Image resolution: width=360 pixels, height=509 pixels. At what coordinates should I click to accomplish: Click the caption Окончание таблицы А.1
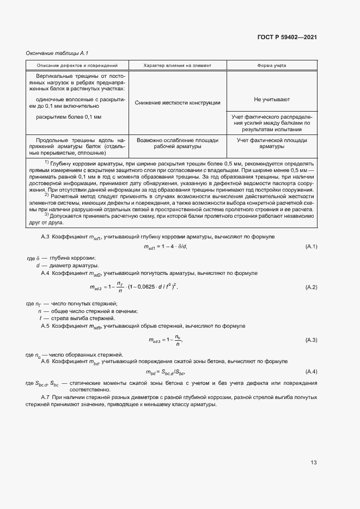click(53, 53)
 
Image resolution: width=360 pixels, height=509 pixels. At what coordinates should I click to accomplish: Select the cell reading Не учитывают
click(272, 100)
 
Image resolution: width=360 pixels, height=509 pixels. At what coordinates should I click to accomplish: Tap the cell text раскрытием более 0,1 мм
click(69, 116)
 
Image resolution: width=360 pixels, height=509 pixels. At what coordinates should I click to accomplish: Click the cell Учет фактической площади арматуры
click(272, 143)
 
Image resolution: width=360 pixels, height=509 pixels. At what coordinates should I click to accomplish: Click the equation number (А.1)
click(312, 247)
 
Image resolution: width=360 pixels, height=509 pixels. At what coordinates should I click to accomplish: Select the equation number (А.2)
click(312, 287)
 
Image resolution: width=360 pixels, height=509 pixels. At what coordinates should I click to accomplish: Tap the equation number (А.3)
click(312, 340)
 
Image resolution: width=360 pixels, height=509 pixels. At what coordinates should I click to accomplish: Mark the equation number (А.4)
click(312, 371)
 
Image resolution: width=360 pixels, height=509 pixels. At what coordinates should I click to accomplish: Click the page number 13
click(313, 463)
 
